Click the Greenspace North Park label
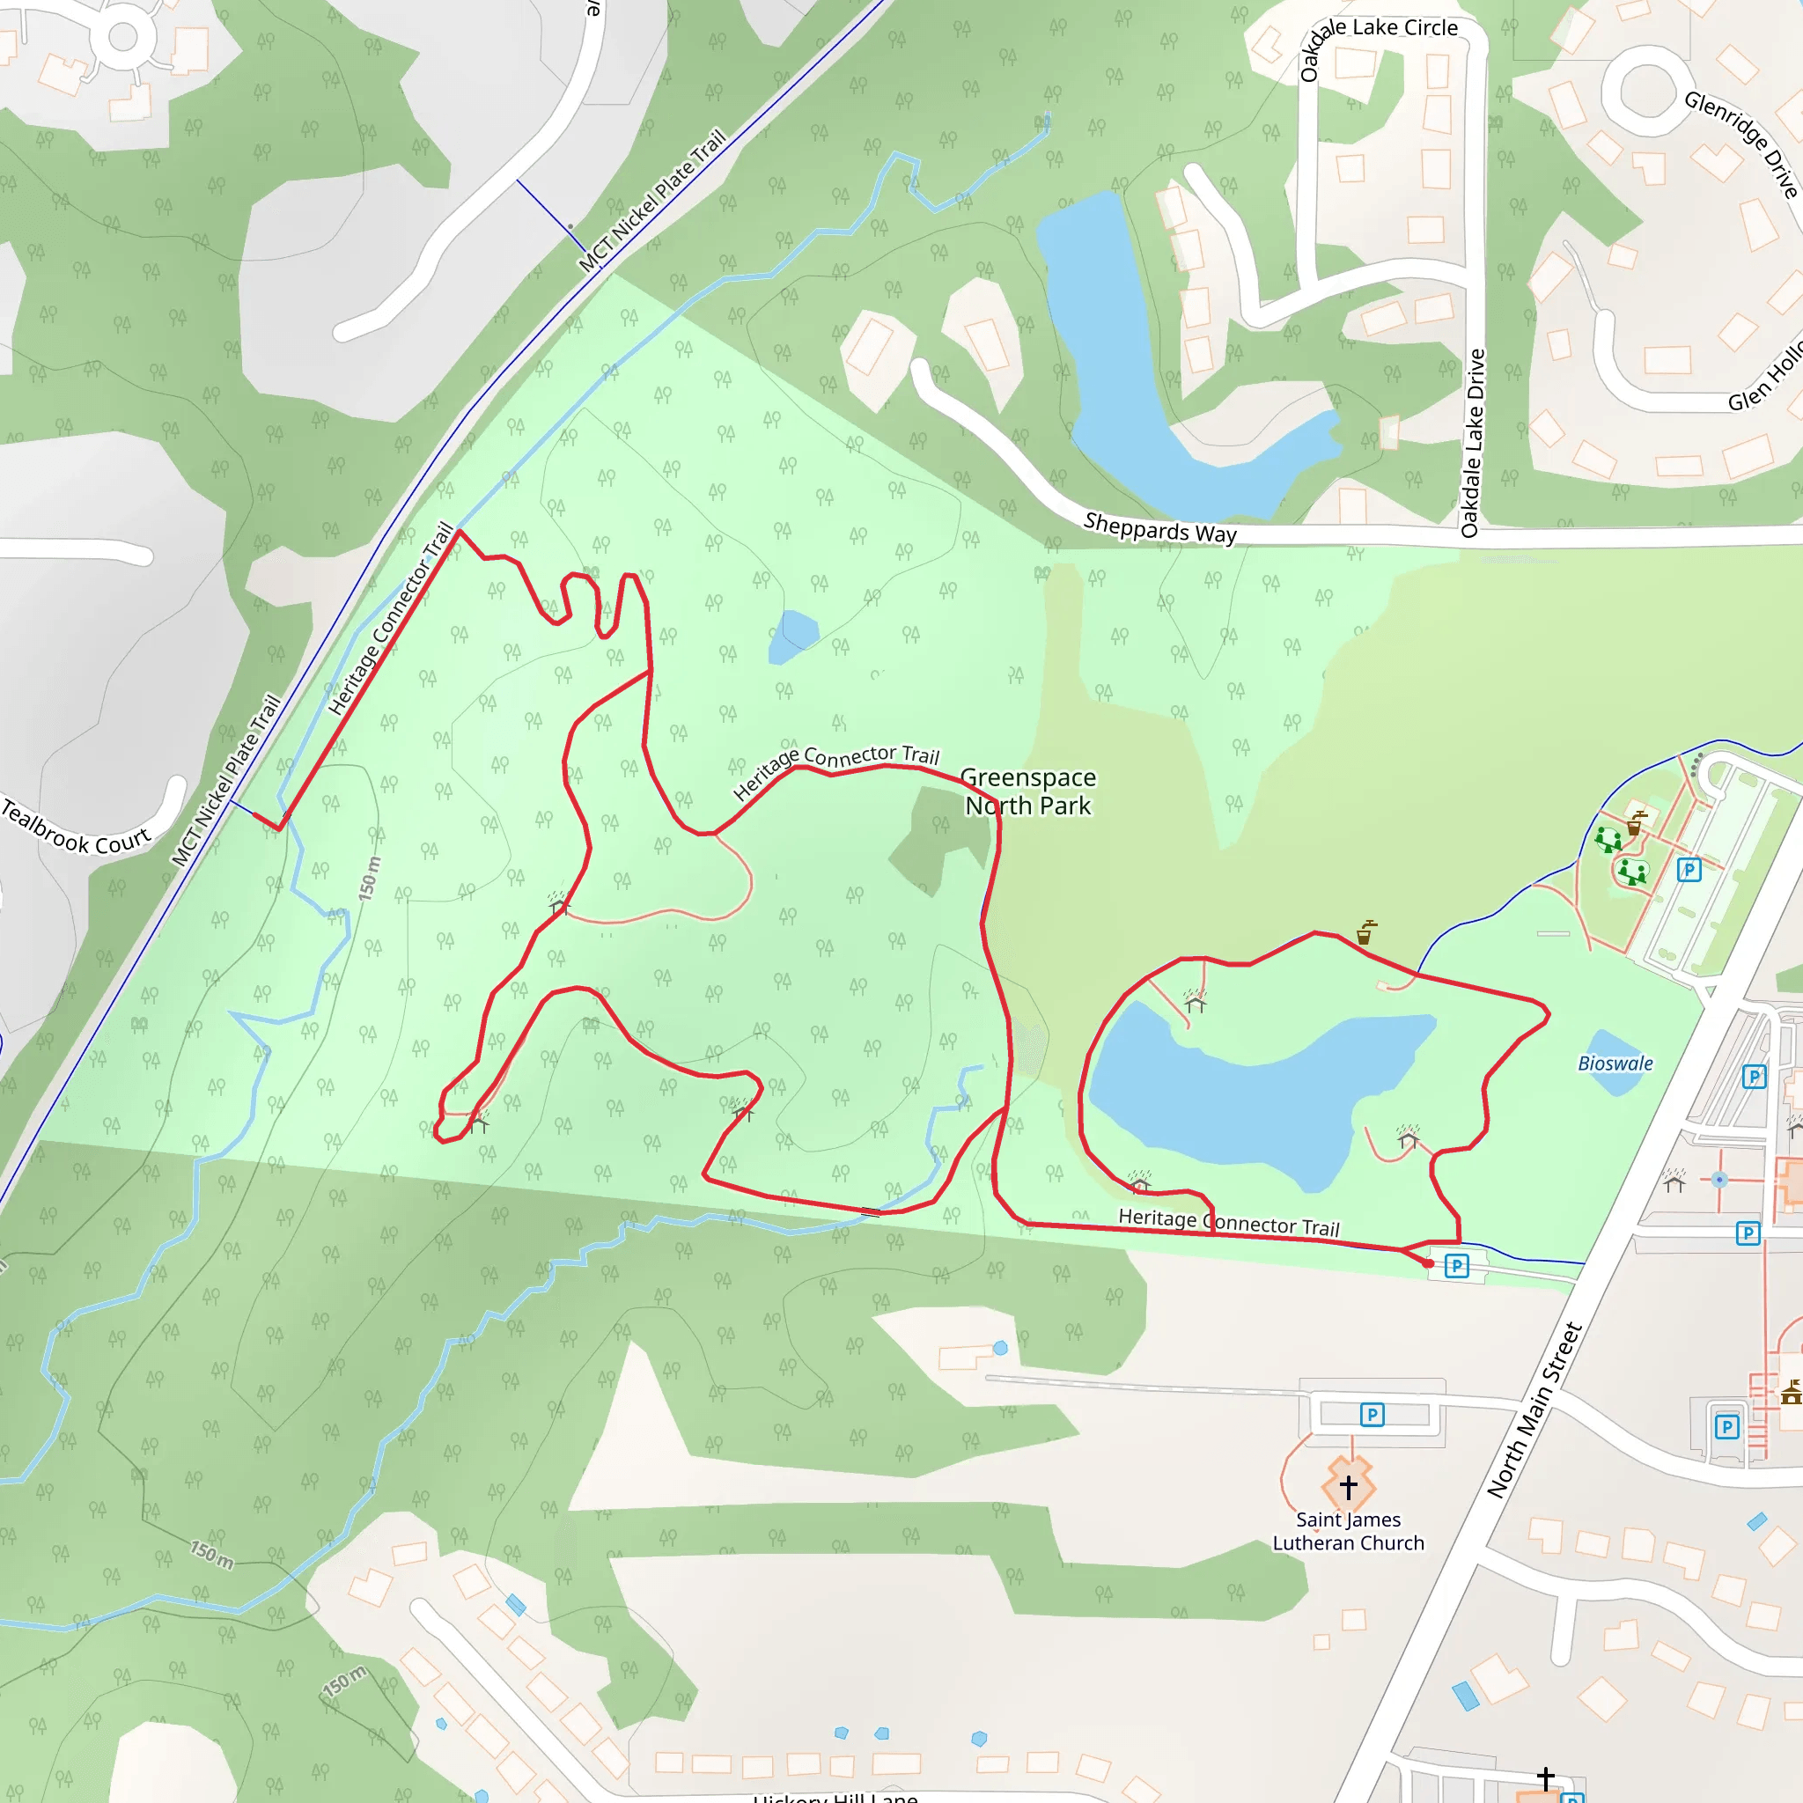tap(1027, 791)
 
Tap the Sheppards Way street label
tap(1160, 528)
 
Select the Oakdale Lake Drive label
tap(1472, 444)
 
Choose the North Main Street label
tap(1535, 1410)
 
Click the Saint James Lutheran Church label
tap(1349, 1532)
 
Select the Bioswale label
tap(1615, 1063)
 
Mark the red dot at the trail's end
tap(1429, 1263)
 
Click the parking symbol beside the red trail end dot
tap(1456, 1266)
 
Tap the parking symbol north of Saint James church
tap(1372, 1415)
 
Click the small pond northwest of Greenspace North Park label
tap(793, 636)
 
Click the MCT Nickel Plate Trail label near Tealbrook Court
tap(226, 780)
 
